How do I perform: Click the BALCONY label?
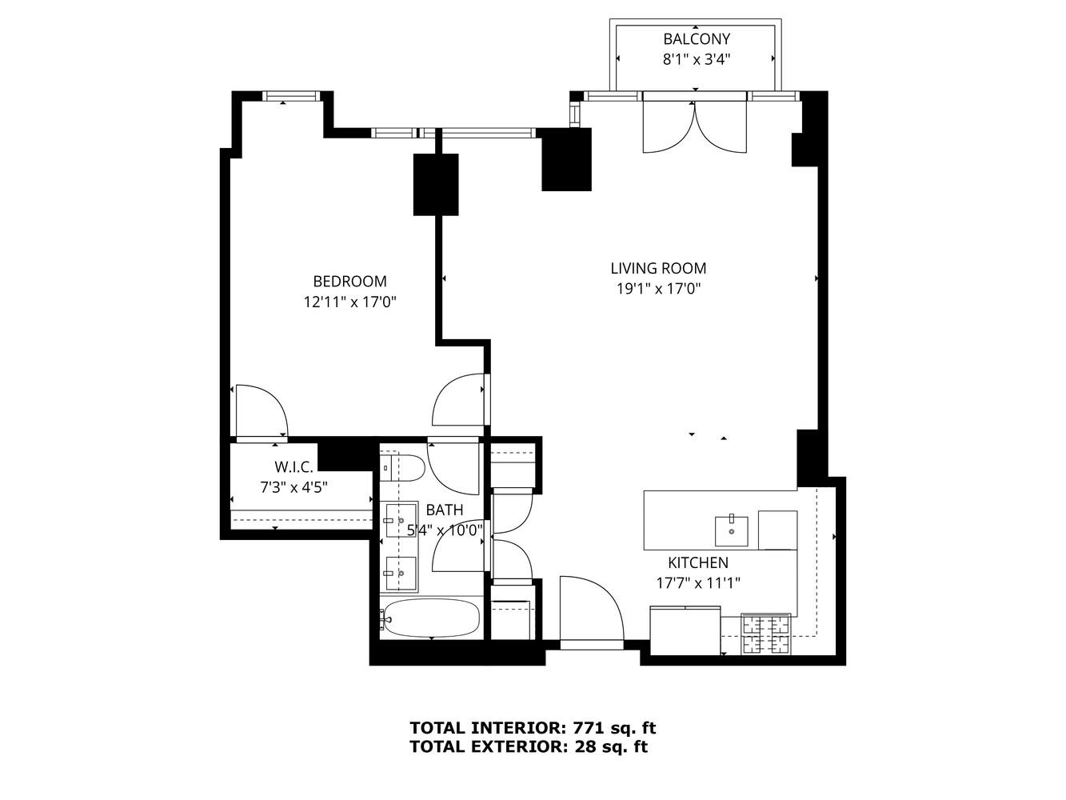[x=697, y=39]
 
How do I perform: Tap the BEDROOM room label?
[x=349, y=282]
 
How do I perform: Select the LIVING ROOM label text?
[x=658, y=268]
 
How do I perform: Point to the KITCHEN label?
[x=698, y=562]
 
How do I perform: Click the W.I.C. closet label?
[x=293, y=466]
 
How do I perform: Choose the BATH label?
[x=444, y=510]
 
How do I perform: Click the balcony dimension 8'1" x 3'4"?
[x=697, y=60]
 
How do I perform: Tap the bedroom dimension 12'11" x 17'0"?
[x=349, y=302]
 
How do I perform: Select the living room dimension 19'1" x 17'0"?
[x=658, y=289]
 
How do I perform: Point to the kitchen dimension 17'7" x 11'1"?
[x=698, y=583]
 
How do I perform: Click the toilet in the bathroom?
[x=402, y=468]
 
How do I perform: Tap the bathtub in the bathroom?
[x=429, y=618]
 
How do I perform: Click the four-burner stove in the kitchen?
[x=766, y=633]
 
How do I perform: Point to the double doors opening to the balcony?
[x=694, y=126]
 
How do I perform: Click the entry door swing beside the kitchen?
[x=592, y=612]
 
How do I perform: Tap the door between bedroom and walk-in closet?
[x=262, y=412]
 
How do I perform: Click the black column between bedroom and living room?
[x=436, y=184]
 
